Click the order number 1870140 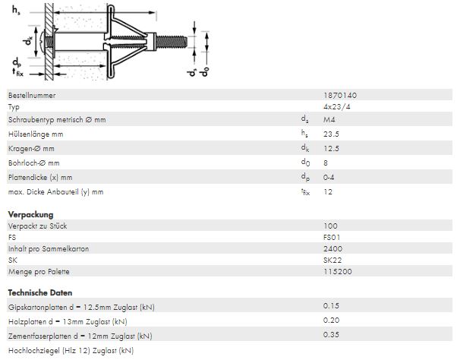pos(340,96)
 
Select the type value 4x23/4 pos(336,106)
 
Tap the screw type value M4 pos(329,119)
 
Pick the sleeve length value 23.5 pos(331,134)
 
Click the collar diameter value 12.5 pos(331,148)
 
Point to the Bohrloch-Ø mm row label pos(34,163)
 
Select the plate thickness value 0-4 pos(329,177)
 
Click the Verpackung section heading pos(30,214)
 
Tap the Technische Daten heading pos(40,292)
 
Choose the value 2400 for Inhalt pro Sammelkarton pos(333,248)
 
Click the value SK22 pos(333,260)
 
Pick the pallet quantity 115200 pos(338,271)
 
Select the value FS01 pos(332,237)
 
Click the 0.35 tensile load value pos(331,334)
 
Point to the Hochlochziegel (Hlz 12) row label pos(71,350)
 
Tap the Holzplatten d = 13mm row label pos(68,322)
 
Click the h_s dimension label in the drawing pos(16,10)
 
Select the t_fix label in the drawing pos(17,72)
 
